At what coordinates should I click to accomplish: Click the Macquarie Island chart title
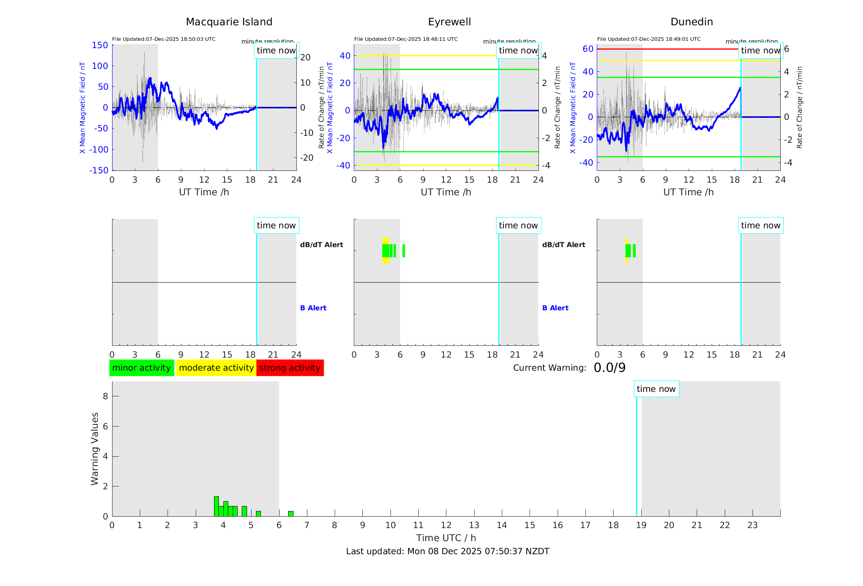coord(229,22)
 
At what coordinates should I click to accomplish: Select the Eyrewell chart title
coord(449,22)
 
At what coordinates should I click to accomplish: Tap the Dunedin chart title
coord(691,22)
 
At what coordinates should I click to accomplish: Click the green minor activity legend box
coord(141,368)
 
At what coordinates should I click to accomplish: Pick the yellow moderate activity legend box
coord(216,368)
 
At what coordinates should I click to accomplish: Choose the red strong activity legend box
coord(290,368)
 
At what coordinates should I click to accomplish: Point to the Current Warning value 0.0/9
coord(609,368)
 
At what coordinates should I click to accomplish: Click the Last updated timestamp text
coord(448,551)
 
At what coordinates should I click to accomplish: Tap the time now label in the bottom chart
coord(656,389)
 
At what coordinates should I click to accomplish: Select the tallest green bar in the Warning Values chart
coord(216,506)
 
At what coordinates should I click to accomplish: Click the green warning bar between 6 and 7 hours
coord(291,514)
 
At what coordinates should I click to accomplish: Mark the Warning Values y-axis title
coord(95,449)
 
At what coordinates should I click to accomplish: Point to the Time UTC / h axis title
coord(446,538)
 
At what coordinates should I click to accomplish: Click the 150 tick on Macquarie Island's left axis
coord(100,45)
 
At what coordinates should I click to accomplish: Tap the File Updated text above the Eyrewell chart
coord(406,39)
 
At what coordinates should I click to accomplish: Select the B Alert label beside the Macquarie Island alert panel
coord(313,308)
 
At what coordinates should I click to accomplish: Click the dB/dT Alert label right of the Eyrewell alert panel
coord(563,245)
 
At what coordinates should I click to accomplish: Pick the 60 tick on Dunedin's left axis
coord(588,49)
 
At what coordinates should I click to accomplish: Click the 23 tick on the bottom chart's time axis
coord(752,525)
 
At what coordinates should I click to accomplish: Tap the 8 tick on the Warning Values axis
coord(105,396)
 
